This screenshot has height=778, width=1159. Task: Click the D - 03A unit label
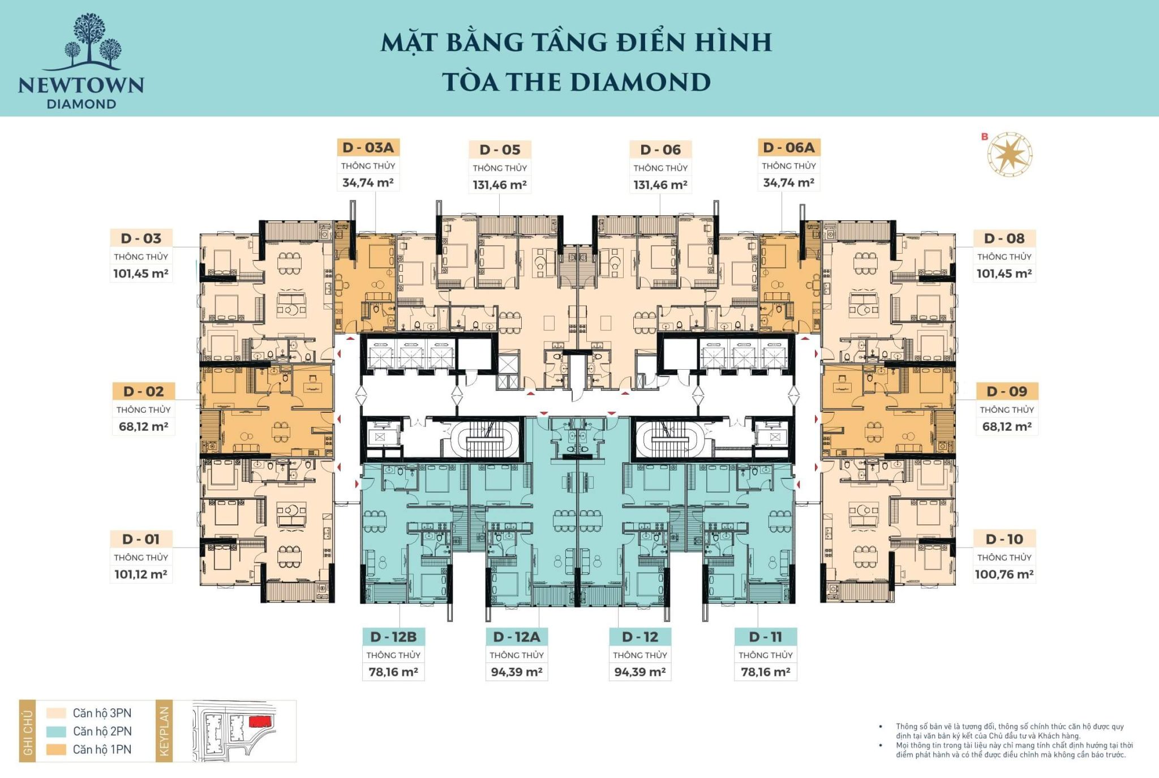pyautogui.click(x=368, y=148)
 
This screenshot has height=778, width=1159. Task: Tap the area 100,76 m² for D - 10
pyautogui.click(x=1004, y=574)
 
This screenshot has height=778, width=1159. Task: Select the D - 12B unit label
pyautogui.click(x=393, y=637)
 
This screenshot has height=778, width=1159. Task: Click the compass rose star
pyautogui.click(x=1010, y=155)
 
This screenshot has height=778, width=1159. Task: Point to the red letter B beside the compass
pyautogui.click(x=985, y=136)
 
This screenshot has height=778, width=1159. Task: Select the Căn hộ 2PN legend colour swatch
pyautogui.click(x=56, y=731)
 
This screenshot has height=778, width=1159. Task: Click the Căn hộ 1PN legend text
pyautogui.click(x=102, y=749)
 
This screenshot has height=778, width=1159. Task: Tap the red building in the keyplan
pyautogui.click(x=260, y=721)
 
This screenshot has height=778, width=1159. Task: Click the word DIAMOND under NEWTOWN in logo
pyautogui.click(x=81, y=104)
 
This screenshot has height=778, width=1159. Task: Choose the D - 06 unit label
pyautogui.click(x=660, y=150)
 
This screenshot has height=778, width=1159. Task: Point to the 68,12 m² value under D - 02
pyautogui.click(x=143, y=426)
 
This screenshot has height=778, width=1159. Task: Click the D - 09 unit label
pyautogui.click(x=1006, y=391)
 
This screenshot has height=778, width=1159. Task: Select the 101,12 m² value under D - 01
pyautogui.click(x=141, y=574)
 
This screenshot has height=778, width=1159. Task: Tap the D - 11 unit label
pyautogui.click(x=765, y=637)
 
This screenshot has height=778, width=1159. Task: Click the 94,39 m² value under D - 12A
pyautogui.click(x=516, y=672)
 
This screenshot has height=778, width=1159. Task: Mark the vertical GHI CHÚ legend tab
pyautogui.click(x=27, y=732)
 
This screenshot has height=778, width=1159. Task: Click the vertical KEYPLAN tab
pyautogui.click(x=164, y=732)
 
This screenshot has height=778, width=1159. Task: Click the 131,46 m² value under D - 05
pyautogui.click(x=500, y=185)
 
